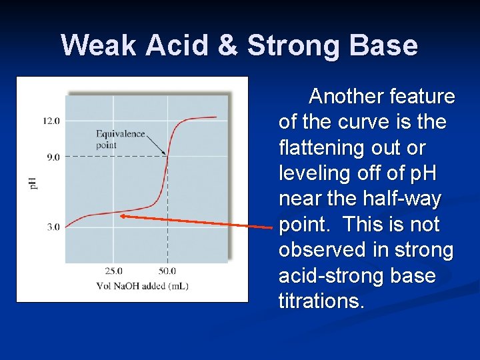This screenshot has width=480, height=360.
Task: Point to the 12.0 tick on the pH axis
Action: [51, 121]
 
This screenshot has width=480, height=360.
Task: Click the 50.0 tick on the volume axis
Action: [167, 271]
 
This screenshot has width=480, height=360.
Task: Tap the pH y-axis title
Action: [33, 181]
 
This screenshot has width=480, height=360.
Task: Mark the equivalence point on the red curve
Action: [167, 157]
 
